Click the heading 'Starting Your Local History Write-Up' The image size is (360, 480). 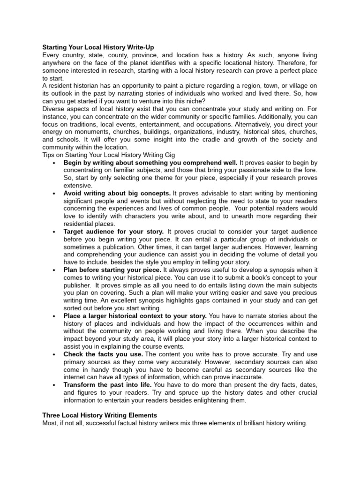(98, 47)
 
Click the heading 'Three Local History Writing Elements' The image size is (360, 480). (99, 415)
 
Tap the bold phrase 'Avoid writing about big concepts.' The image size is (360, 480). (117, 193)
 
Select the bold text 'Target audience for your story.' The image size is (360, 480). (113, 232)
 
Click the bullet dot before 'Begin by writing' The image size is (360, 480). (55, 163)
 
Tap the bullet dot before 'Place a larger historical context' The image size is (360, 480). (55, 316)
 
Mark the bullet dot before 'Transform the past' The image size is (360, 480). (55, 384)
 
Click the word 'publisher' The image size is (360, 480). (78, 285)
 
